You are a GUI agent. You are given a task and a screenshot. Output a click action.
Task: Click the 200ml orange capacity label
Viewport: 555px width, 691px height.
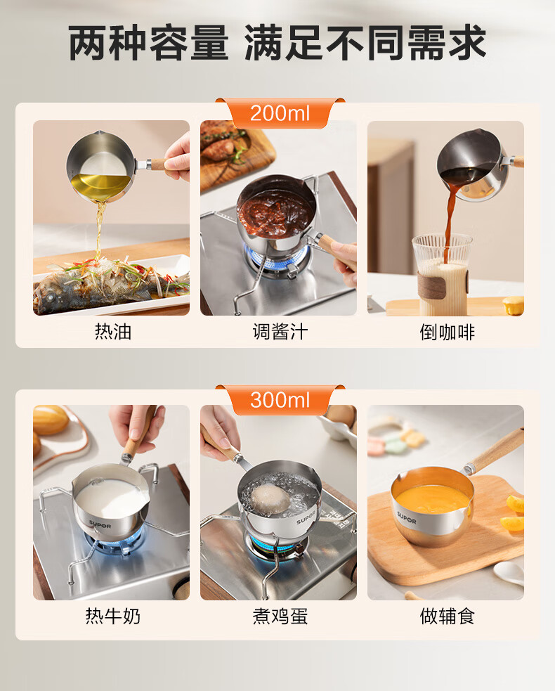tap(280, 113)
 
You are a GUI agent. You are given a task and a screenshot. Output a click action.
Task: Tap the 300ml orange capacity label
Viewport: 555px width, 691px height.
tap(280, 400)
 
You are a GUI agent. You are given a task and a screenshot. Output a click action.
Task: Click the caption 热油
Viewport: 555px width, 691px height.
tap(113, 331)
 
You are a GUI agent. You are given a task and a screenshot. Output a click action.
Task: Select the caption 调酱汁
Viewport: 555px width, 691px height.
tap(280, 331)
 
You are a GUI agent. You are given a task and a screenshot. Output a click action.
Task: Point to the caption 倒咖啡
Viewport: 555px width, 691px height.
tap(447, 331)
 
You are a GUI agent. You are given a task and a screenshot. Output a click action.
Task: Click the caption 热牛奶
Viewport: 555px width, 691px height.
tap(113, 616)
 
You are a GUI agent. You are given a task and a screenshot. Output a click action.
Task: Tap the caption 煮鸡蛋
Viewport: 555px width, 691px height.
tap(280, 616)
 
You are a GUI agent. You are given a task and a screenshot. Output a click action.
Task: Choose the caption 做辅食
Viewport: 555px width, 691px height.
tap(447, 616)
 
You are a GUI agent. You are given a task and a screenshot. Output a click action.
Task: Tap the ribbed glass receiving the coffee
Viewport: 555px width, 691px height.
tap(441, 274)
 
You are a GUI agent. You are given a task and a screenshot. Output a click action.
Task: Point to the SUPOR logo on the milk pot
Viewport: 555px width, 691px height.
tap(100, 524)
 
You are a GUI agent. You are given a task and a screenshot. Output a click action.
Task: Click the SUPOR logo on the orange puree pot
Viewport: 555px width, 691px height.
tap(406, 518)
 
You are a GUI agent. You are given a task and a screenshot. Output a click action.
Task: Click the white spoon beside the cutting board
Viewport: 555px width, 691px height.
tap(509, 574)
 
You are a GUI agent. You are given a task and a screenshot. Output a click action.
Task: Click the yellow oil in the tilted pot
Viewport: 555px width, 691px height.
tap(100, 186)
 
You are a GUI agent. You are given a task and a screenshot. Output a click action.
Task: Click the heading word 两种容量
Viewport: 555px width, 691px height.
tap(148, 43)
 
